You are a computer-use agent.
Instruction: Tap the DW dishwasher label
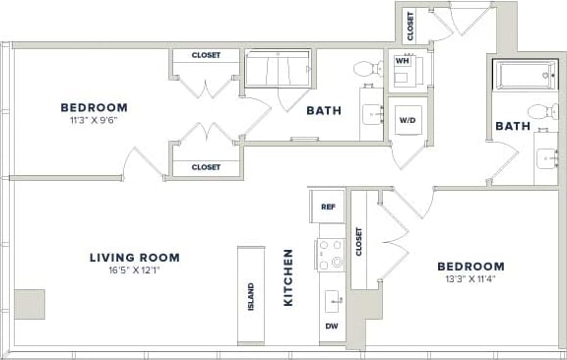pos(331,326)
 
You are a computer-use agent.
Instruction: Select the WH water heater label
pos(402,60)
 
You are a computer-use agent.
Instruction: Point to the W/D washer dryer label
pos(407,121)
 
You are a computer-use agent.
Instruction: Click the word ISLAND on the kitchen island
pos(251,296)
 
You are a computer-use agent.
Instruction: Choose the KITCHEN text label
pos(289,277)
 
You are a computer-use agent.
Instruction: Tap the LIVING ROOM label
pos(135,258)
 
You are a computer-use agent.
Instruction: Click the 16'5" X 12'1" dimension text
pos(135,272)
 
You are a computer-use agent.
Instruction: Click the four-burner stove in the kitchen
pos(331,255)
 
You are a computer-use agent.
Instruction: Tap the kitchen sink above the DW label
pos(333,299)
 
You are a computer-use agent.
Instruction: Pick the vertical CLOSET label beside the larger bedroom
pos(359,241)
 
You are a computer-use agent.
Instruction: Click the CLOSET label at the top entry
pos(410,24)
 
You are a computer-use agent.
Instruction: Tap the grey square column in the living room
pos(29,304)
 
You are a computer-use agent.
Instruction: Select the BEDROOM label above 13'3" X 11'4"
pos(471,266)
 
